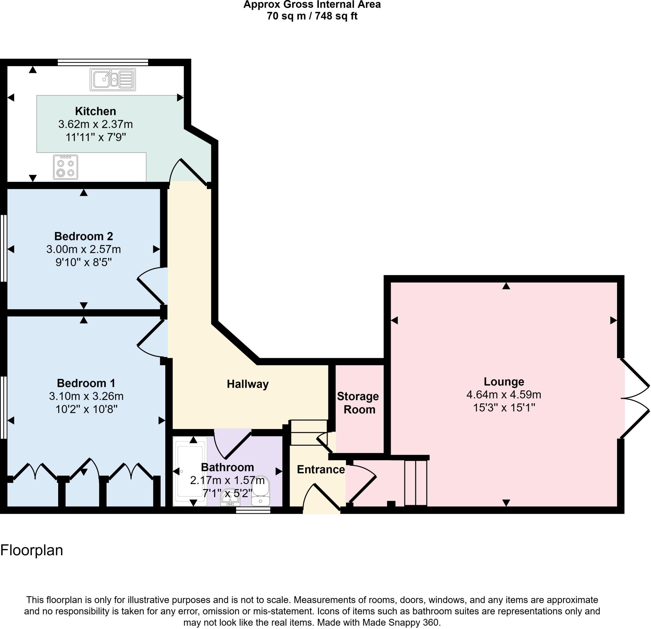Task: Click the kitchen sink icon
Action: click(x=113, y=79)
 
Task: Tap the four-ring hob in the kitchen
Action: click(x=65, y=167)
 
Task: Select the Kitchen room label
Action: click(x=95, y=111)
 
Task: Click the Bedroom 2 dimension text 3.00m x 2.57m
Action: click(x=83, y=249)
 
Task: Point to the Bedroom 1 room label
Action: click(x=86, y=383)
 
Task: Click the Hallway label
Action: click(x=247, y=384)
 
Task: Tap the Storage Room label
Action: click(x=358, y=402)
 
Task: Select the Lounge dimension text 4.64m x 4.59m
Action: click(x=504, y=394)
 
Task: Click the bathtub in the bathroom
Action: click(x=190, y=471)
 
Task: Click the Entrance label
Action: click(x=320, y=469)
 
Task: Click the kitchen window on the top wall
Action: click(x=103, y=62)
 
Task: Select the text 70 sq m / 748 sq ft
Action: click(x=312, y=16)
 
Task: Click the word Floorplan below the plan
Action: click(x=31, y=550)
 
